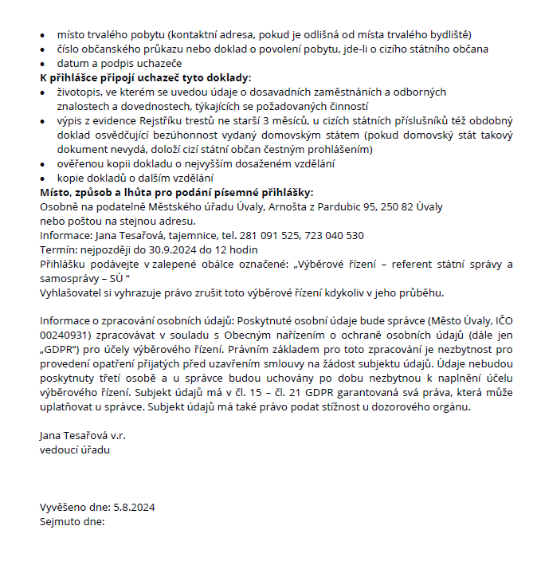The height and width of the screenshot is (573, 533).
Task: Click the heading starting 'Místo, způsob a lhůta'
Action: (176, 193)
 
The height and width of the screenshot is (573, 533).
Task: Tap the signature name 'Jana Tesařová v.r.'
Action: (83, 436)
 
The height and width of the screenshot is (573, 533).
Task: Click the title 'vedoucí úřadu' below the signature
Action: (75, 450)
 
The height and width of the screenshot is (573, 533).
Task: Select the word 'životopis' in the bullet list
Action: (80, 92)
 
